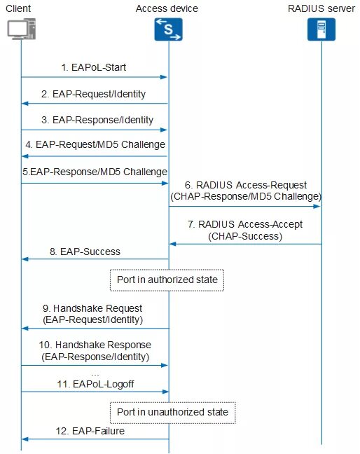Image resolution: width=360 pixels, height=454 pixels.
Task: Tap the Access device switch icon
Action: click(x=167, y=29)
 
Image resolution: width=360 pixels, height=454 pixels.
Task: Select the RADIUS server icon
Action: click(x=321, y=29)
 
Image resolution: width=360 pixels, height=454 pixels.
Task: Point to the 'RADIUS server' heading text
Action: click(x=321, y=8)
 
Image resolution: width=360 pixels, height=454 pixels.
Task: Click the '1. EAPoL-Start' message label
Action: click(x=94, y=68)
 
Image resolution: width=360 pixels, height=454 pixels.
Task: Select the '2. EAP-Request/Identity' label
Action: click(x=94, y=93)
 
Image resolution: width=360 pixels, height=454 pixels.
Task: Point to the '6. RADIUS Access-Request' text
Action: click(x=244, y=186)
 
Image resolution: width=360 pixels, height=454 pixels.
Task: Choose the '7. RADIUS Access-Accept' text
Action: click(x=244, y=226)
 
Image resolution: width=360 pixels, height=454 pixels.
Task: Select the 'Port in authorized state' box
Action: click(x=167, y=280)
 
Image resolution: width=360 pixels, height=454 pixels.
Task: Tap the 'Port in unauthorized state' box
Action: click(x=172, y=412)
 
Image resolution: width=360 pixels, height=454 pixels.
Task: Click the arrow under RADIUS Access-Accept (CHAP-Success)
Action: click(x=244, y=244)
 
